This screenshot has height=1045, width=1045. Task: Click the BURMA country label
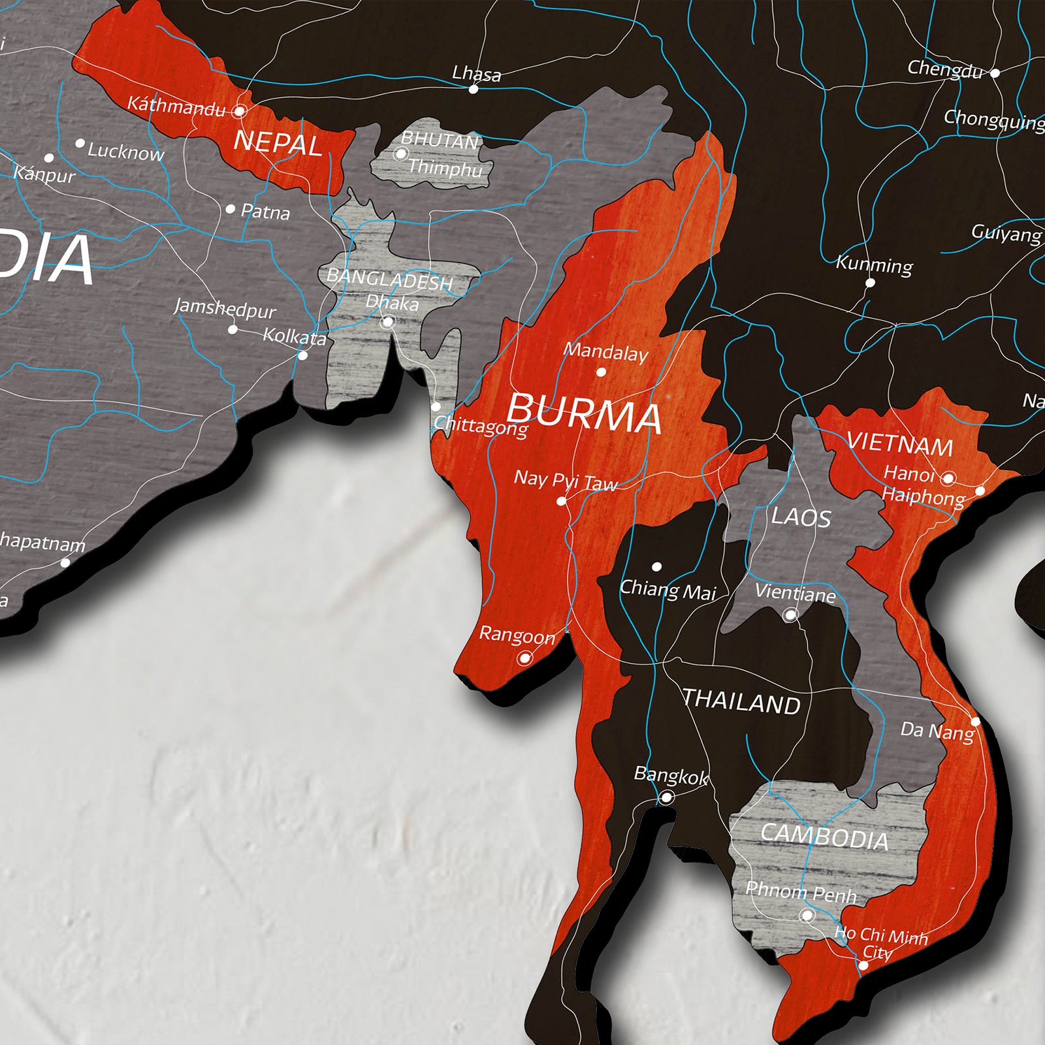coord(584,413)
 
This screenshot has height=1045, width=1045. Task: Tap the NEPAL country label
coord(278,143)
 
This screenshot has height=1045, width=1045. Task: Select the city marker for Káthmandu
coord(240,111)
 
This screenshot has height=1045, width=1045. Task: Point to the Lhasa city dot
coord(474,89)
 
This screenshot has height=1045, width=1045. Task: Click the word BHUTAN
coord(439,140)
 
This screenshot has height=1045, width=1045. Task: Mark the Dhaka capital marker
coord(387,322)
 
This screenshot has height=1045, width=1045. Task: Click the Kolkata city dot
coord(302,355)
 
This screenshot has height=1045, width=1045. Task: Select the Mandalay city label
coord(605,352)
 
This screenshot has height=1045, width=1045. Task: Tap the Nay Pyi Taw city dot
coord(561,502)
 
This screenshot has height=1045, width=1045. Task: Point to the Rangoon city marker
coord(524,658)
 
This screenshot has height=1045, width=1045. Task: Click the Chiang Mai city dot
coord(656,566)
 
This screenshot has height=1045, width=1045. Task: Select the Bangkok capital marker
coord(666,797)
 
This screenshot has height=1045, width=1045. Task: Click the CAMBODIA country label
coord(824,836)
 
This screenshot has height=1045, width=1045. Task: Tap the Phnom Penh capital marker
coord(807,916)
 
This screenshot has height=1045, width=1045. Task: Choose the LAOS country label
coord(801,517)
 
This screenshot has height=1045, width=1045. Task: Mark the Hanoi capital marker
coord(948,479)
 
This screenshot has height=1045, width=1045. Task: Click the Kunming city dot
coord(870,283)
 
